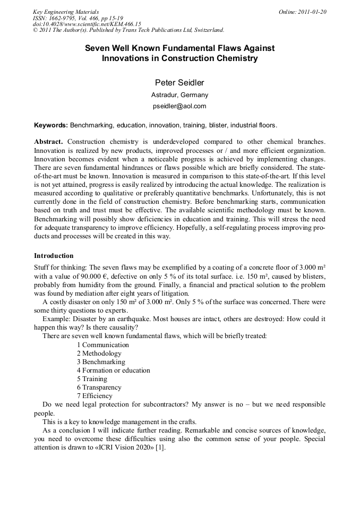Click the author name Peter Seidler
(x=179, y=82)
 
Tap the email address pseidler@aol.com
(x=179, y=106)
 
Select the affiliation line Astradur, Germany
(x=179, y=95)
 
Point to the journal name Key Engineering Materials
(x=66, y=12)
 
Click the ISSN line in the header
(x=78, y=18)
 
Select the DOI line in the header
(x=79, y=24)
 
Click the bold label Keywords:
(x=50, y=125)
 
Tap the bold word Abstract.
(x=48, y=142)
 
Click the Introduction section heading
(x=54, y=256)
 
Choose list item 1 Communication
(x=102, y=345)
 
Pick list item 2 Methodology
(x=99, y=353)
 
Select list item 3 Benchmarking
(x=100, y=362)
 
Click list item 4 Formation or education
(x=113, y=370)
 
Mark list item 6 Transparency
(x=99, y=387)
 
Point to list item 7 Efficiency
(x=95, y=396)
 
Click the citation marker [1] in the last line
(x=160, y=447)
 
